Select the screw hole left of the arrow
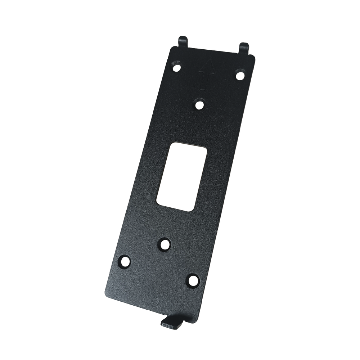pyautogui.click(x=176, y=67)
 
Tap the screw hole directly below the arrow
pyautogui.click(x=199, y=105)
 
